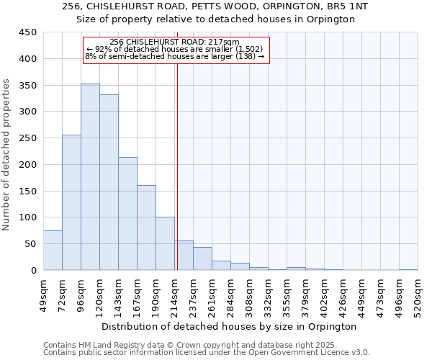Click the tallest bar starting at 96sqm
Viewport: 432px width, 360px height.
(90, 177)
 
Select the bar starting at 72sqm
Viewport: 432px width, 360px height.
(71, 202)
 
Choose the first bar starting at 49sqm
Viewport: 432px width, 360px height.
(53, 251)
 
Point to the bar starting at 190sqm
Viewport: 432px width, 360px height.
(165, 243)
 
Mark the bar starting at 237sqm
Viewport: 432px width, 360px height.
(202, 258)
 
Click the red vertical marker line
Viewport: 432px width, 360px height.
(177, 158)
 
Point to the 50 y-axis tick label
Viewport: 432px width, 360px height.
(30, 244)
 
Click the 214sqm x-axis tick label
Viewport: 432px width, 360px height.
(174, 295)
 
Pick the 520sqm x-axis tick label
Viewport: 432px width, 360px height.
(418, 295)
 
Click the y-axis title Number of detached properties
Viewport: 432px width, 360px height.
(7, 155)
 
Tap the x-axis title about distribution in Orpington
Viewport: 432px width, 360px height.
(229, 326)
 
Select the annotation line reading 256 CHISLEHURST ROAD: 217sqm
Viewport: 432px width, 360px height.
(177, 42)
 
